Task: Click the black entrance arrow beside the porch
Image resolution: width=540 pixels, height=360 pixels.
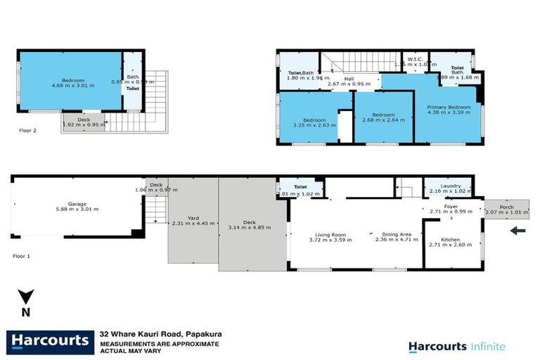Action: pos(517,230)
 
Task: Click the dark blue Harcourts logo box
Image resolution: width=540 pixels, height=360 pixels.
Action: pos(49,342)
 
